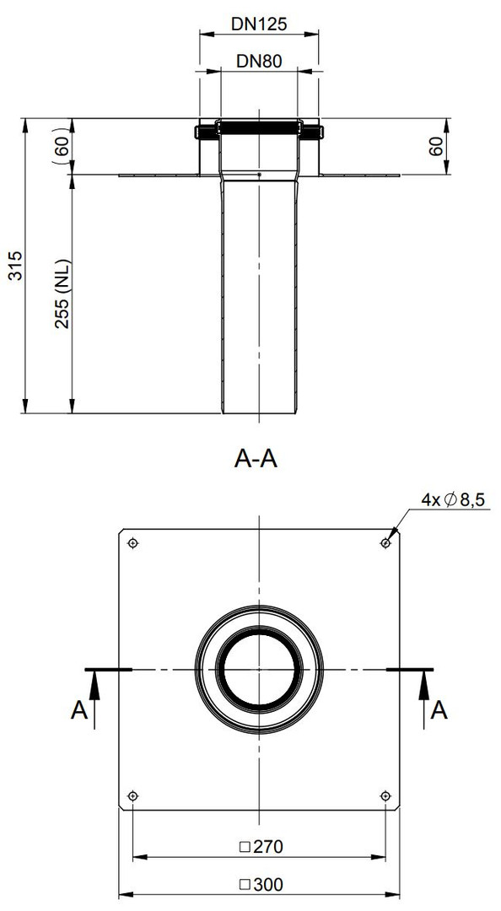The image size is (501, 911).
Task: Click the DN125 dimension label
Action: pos(259,24)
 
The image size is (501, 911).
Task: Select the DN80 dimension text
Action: pos(259,61)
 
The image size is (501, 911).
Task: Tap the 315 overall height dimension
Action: pos(16,266)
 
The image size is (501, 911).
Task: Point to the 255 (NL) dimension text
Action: pos(62,294)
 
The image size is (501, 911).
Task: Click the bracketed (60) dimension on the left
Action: pos(62,146)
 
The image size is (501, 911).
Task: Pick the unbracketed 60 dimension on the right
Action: pos(436,146)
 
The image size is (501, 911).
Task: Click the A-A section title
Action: pos(256,459)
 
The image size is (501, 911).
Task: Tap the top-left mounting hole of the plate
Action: pos(133,543)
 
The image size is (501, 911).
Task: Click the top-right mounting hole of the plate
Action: pos(385,543)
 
